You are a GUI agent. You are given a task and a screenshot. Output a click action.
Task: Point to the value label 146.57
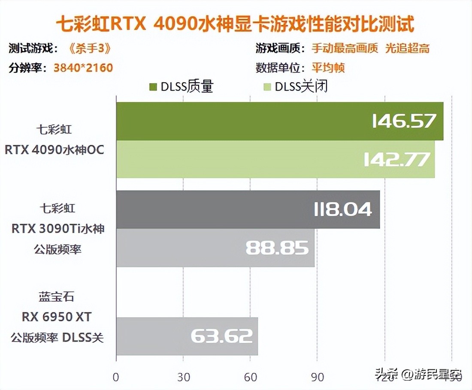point(404,121)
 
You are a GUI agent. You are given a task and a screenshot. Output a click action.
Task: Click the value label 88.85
point(277,248)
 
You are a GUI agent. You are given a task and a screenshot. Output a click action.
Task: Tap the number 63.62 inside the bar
point(221,336)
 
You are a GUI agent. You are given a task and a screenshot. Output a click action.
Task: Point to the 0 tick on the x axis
point(116,377)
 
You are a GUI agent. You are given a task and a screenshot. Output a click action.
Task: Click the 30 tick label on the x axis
point(183,377)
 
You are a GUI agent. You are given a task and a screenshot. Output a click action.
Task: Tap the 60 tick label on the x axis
point(250,377)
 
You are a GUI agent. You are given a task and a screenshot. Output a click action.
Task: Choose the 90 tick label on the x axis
point(317,377)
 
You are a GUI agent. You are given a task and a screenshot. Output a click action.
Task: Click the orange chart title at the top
point(236,24)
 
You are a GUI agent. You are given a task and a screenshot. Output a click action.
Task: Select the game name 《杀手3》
point(89,48)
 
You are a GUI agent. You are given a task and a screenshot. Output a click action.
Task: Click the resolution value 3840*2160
point(83,68)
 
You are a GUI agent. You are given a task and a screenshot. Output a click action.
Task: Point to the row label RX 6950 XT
point(57,317)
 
